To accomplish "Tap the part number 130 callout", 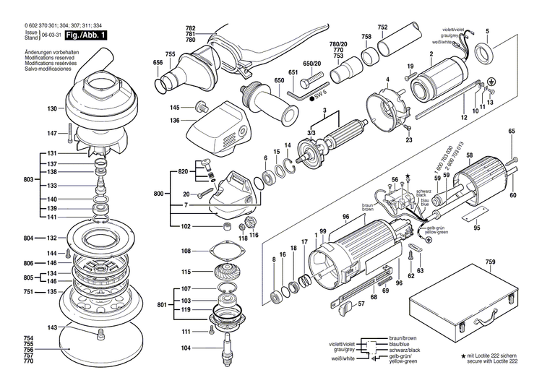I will pyautogui.click(x=52, y=109).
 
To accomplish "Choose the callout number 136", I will pyautogui.click(x=174, y=120).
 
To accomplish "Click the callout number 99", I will pyautogui.click(x=324, y=231).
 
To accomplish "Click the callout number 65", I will pyautogui.click(x=512, y=131).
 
